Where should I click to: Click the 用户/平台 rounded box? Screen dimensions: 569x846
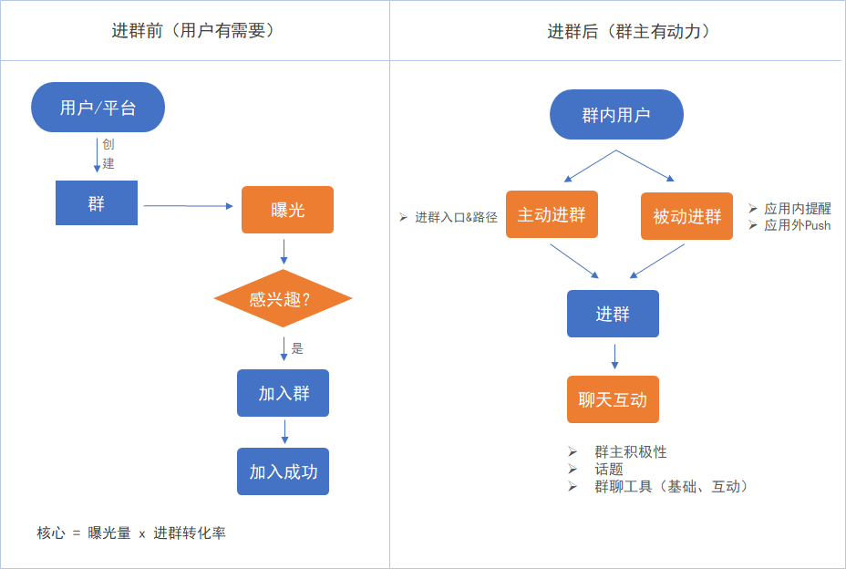tap(98, 108)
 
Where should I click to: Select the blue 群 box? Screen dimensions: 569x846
tap(97, 203)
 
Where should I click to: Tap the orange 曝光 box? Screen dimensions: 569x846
tap(287, 210)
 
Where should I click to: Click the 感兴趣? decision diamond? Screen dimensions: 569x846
tap(283, 298)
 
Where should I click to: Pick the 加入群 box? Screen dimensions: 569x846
tap(283, 393)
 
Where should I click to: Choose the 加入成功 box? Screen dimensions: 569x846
tap(283, 471)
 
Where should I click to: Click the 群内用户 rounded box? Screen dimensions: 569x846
tap(616, 115)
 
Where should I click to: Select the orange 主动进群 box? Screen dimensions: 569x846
tap(552, 214)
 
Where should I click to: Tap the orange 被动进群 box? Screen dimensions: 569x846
tap(686, 216)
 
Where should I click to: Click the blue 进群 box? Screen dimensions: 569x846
tap(613, 314)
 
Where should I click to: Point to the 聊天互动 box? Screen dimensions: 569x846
tap(613, 399)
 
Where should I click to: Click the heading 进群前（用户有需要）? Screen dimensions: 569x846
tap(193, 31)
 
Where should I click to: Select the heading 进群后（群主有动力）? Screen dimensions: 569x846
tap(629, 31)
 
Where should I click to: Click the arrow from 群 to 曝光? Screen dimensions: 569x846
tap(188, 206)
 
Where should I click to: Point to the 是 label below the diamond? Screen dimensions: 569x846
tap(297, 348)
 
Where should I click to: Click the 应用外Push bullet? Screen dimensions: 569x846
tap(797, 225)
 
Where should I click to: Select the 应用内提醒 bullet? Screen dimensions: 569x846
tap(797, 209)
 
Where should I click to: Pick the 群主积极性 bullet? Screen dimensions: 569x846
tap(630, 452)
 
